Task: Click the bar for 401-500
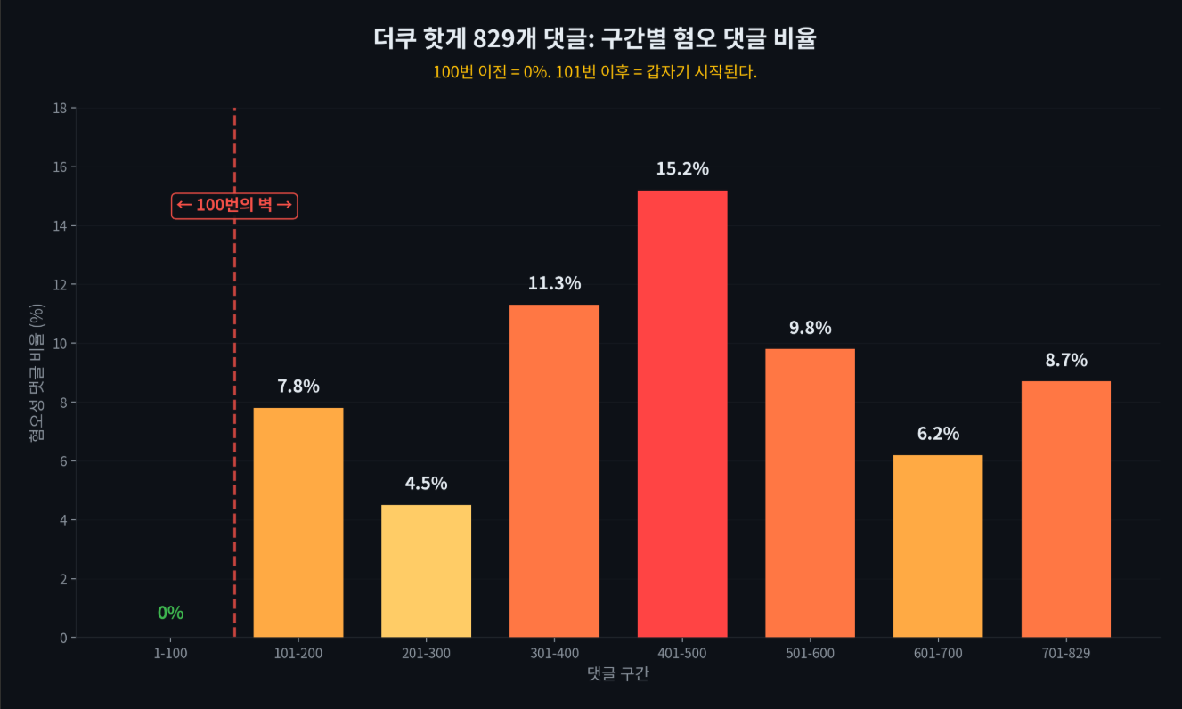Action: (682, 413)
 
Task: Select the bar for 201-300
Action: (426, 571)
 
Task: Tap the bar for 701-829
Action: (1066, 509)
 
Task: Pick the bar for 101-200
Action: (298, 522)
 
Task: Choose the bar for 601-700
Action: (938, 546)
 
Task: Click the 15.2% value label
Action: (682, 169)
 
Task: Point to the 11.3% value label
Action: (554, 284)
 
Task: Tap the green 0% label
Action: (170, 613)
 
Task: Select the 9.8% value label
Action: (810, 328)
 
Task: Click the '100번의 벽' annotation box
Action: (234, 206)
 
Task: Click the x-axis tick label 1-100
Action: (170, 654)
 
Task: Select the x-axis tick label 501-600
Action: (810, 654)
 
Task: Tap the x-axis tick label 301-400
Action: (554, 654)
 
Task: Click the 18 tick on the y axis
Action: (61, 109)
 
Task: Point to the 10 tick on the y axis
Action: (61, 344)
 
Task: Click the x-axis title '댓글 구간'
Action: (618, 674)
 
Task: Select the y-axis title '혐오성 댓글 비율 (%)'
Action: (37, 372)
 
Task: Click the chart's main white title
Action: (595, 39)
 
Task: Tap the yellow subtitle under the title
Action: (595, 73)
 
